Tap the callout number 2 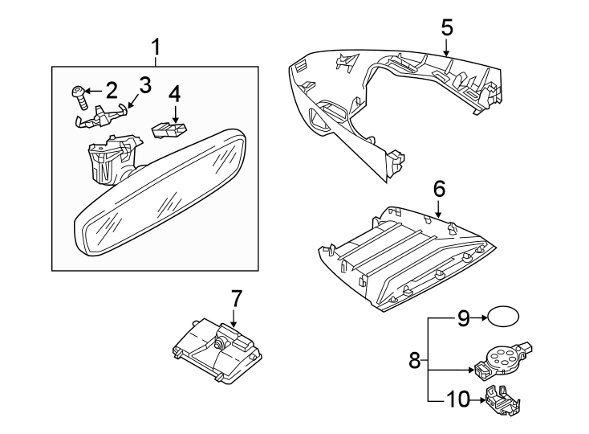click(111, 88)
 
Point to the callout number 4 click(174, 95)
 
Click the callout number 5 click(447, 27)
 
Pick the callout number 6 click(438, 190)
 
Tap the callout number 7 click(235, 299)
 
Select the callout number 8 click(415, 361)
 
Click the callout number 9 click(462, 319)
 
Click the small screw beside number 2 click(78, 96)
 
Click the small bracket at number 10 click(502, 399)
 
